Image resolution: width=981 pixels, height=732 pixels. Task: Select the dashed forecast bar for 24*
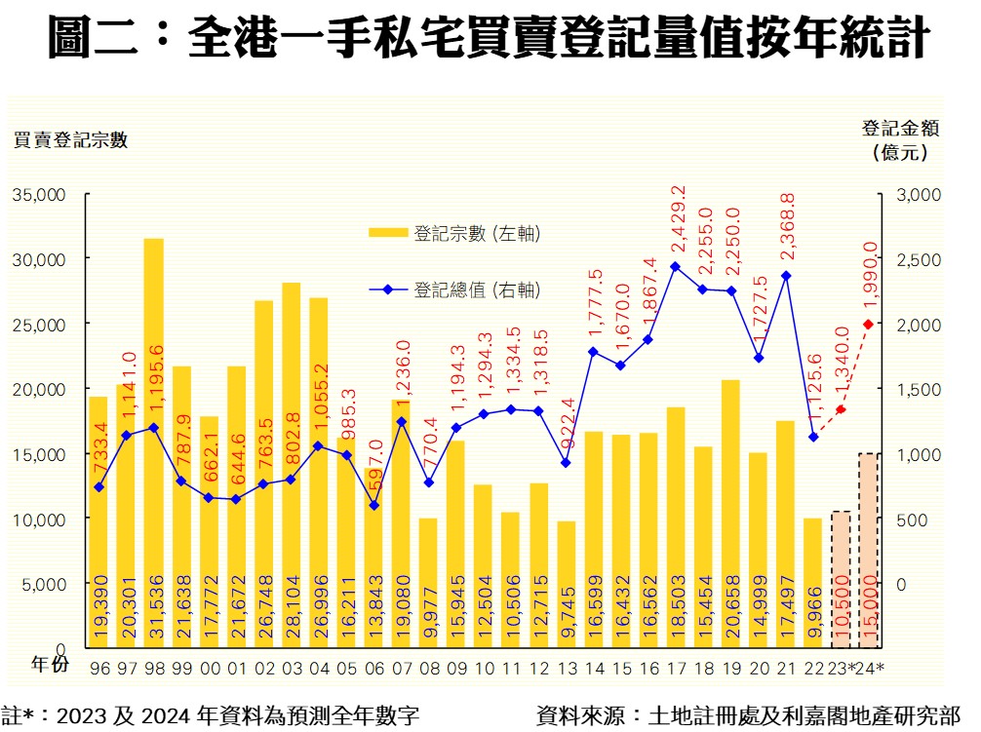868,551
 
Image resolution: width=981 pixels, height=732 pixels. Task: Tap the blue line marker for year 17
675,266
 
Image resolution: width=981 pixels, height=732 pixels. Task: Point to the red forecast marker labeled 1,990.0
868,325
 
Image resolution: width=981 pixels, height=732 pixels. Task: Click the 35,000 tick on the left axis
39,194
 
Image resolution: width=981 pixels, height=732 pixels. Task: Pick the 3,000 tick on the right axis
918,194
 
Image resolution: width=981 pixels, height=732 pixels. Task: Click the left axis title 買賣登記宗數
70,139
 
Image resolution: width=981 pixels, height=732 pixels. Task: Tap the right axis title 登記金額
897,128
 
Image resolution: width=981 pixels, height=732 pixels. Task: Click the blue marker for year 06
373,505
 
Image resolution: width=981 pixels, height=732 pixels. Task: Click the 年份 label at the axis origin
50,665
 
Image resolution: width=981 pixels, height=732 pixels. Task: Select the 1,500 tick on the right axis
918,389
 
